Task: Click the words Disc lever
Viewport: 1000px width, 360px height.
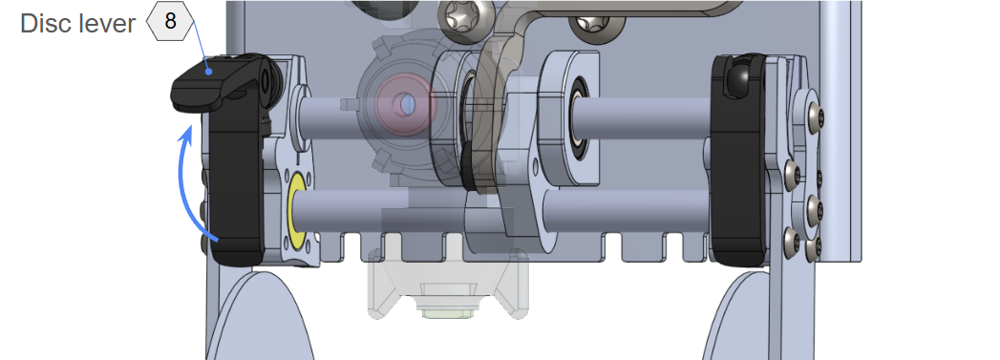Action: [x=77, y=24]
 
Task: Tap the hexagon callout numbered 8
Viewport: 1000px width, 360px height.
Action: [x=170, y=21]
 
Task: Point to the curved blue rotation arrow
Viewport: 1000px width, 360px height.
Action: [x=192, y=185]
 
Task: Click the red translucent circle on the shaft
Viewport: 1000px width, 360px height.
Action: [x=406, y=103]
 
